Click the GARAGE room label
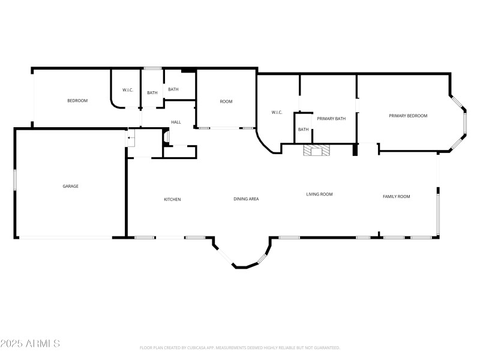(x=71, y=186)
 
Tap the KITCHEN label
(x=173, y=199)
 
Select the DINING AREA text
(x=246, y=199)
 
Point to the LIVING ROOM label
(x=319, y=194)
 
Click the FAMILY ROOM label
(x=396, y=196)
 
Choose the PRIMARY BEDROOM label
(x=408, y=116)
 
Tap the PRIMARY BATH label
(x=331, y=119)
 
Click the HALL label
(x=176, y=122)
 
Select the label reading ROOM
(x=226, y=101)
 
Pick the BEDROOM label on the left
(x=77, y=101)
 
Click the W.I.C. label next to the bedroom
(x=128, y=91)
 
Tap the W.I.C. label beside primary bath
(x=277, y=112)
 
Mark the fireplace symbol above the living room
(x=316, y=151)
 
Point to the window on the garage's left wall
(x=15, y=180)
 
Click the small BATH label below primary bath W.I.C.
(x=304, y=130)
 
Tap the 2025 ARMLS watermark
(x=30, y=344)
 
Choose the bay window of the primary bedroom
(x=463, y=123)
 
